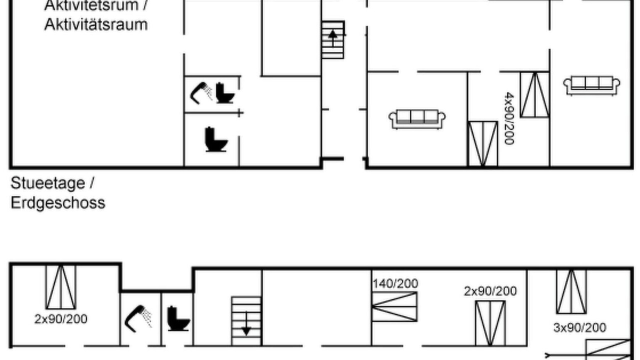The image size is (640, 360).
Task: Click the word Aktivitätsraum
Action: click(x=96, y=24)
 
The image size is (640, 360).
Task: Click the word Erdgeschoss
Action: click(x=58, y=203)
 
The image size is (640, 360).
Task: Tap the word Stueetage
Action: click(x=47, y=183)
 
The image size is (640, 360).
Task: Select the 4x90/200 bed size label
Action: click(x=509, y=118)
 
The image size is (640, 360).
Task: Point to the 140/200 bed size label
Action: click(x=395, y=283)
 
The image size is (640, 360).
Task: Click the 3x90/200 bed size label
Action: click(x=579, y=327)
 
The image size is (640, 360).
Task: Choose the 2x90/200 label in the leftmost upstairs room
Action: click(x=61, y=319)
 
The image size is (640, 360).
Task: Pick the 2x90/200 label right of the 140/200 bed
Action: click(x=490, y=291)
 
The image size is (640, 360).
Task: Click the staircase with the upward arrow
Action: click(x=333, y=40)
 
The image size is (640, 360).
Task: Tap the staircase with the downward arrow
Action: click(x=246, y=321)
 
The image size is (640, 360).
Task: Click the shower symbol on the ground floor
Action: click(x=201, y=93)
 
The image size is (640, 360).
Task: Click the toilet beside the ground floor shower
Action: click(x=225, y=93)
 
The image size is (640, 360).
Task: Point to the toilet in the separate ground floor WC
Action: click(x=216, y=139)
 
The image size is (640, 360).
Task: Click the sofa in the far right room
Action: click(x=591, y=85)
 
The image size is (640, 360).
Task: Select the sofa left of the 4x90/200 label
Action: click(x=417, y=119)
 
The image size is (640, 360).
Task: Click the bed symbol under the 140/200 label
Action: click(x=394, y=307)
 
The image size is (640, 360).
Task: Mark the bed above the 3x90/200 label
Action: click(x=571, y=291)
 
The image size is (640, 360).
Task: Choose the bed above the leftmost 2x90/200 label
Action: click(x=61, y=287)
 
